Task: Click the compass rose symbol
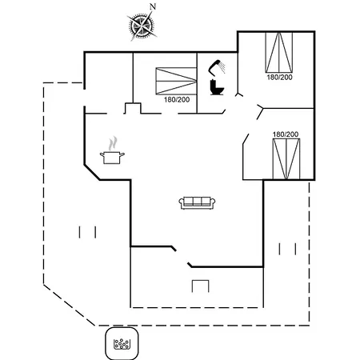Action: pyautogui.click(x=142, y=26)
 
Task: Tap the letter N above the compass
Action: pyautogui.click(x=153, y=6)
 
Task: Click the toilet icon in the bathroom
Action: pyautogui.click(x=217, y=87)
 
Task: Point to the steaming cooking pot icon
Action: pyautogui.click(x=112, y=158)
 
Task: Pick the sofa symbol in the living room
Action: pyautogui.click(x=197, y=203)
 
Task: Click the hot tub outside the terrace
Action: pyautogui.click(x=122, y=343)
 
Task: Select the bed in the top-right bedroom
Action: pyautogui.click(x=279, y=52)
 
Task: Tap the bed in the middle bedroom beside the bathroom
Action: pyautogui.click(x=176, y=81)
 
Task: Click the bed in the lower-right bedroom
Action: pyautogui.click(x=286, y=159)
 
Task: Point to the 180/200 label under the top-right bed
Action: pyautogui.click(x=279, y=78)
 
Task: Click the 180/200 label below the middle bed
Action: pyautogui.click(x=177, y=100)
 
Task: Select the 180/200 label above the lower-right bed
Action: pyautogui.click(x=286, y=134)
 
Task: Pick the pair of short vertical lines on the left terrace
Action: pyautogui.click(x=87, y=232)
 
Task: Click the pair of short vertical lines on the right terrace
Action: pyautogui.click(x=287, y=249)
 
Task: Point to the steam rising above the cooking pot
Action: pyautogui.click(x=113, y=143)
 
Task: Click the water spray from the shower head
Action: pyautogui.click(x=222, y=68)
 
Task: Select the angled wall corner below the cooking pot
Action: pyautogui.click(x=92, y=173)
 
